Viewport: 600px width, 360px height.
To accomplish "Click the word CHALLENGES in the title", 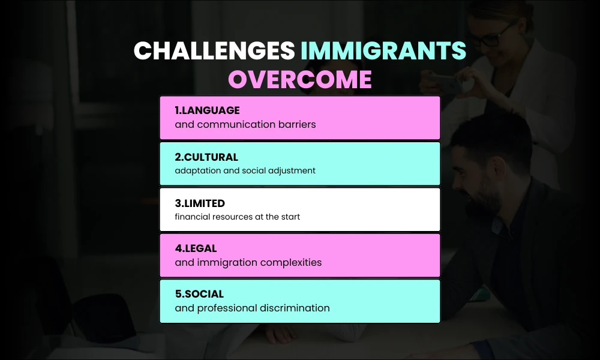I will (214, 52).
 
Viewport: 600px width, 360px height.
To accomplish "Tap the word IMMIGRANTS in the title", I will (383, 52).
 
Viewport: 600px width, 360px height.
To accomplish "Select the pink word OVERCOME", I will (299, 80).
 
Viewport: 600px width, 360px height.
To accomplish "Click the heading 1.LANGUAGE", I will (207, 110).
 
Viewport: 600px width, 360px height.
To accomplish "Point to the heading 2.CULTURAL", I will (206, 157).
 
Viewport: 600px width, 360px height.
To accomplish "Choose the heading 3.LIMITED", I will (200, 203).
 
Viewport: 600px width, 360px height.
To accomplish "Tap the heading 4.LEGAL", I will (196, 248).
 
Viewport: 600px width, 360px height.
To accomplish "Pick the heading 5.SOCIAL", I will (199, 294).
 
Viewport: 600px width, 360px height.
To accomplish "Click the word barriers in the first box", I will (295, 125).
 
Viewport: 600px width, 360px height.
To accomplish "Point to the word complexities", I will (292, 262).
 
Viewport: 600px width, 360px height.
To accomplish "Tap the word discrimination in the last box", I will (295, 308).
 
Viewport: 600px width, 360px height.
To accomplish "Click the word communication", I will (234, 125).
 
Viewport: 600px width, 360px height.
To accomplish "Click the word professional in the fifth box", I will (227, 308).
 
